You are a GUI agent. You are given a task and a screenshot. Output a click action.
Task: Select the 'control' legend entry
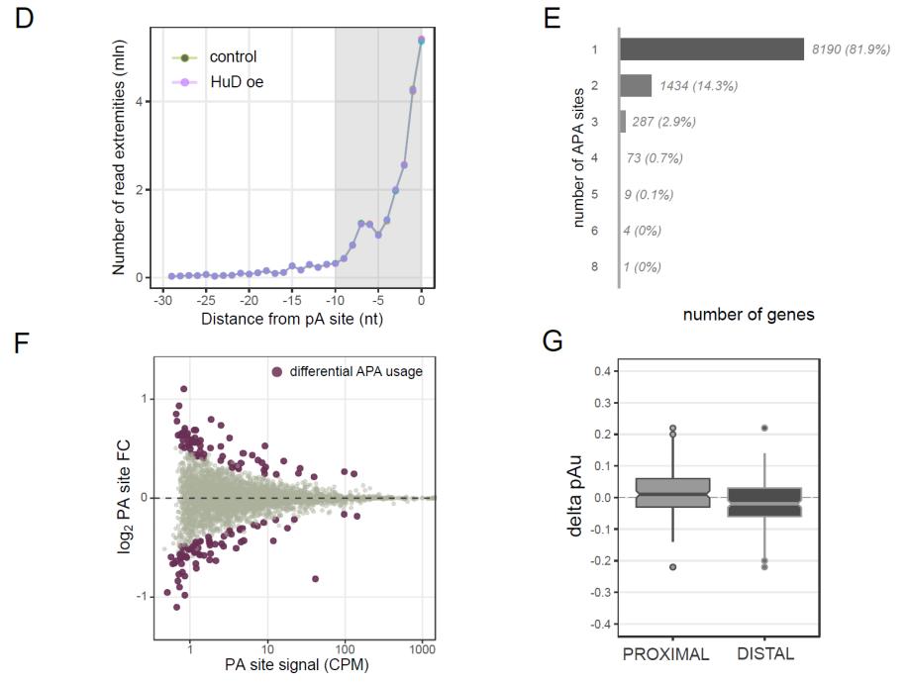232,56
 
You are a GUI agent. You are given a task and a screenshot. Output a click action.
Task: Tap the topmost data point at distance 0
421,40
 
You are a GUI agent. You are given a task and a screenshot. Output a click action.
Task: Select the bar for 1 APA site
711,49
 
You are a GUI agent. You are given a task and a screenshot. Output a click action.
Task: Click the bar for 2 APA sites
635,85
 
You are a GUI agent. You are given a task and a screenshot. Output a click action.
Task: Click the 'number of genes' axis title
750,315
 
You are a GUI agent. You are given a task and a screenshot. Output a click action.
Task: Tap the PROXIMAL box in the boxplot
672,493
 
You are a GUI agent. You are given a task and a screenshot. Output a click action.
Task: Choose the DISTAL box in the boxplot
762,502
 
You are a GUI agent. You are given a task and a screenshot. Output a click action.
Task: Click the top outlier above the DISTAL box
762,428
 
